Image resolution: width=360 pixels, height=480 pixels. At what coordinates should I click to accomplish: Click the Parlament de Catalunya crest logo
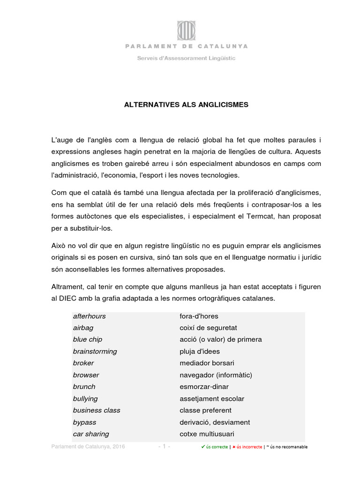186,30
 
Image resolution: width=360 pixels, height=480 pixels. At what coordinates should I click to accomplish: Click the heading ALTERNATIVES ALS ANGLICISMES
186,105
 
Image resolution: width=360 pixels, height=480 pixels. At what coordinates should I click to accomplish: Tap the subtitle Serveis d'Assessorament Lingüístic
186,59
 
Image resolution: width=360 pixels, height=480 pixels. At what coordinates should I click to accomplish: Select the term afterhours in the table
90,316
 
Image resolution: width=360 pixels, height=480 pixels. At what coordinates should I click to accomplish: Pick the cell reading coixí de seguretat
208,328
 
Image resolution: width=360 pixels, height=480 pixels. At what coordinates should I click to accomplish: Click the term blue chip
88,339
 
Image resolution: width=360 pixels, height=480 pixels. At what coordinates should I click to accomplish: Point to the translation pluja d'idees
200,352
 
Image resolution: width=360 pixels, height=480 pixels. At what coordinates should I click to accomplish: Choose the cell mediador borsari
207,363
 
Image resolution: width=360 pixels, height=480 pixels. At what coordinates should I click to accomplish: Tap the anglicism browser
86,375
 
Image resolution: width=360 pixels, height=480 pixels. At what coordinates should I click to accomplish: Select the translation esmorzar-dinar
206,387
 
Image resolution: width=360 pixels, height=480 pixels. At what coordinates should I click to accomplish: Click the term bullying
85,399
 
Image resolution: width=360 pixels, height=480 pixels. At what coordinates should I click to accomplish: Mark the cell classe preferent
206,411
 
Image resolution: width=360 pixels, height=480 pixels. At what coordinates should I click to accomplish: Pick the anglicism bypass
84,422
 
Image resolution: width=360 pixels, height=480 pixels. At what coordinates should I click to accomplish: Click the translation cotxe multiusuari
207,434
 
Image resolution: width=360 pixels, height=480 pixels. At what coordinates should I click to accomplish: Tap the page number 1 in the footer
164,447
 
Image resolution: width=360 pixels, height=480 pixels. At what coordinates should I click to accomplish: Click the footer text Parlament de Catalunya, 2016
88,447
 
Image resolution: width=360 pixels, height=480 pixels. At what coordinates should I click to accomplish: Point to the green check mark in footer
202,447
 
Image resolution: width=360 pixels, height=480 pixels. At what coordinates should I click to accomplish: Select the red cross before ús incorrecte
233,447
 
